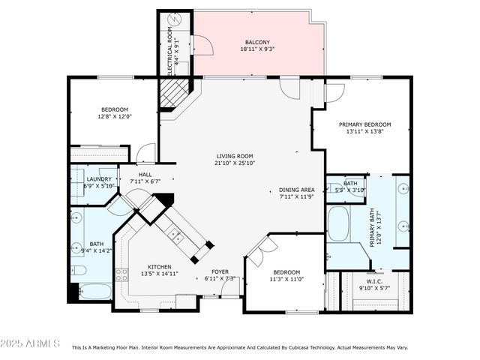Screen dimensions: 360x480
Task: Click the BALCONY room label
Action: coord(256,42)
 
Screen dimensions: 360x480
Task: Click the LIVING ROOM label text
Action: coord(235,156)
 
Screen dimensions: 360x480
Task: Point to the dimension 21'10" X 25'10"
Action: coord(235,163)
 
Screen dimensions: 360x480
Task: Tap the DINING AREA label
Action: coord(295,190)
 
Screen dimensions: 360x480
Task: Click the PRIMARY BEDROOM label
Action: coord(364,124)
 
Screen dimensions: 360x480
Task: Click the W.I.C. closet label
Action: coord(375,282)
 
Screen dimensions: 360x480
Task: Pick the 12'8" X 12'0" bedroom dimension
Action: coord(115,116)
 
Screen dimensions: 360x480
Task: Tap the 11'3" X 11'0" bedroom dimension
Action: coord(286,279)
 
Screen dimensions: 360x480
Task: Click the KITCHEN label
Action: coord(159,266)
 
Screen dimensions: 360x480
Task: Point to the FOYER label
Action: coord(220,271)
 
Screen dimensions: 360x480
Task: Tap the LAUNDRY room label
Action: coord(99,179)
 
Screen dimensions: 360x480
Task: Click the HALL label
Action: coord(145,174)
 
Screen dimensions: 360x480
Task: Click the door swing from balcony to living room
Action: coord(288,88)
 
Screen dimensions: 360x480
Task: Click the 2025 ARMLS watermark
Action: coord(31,343)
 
